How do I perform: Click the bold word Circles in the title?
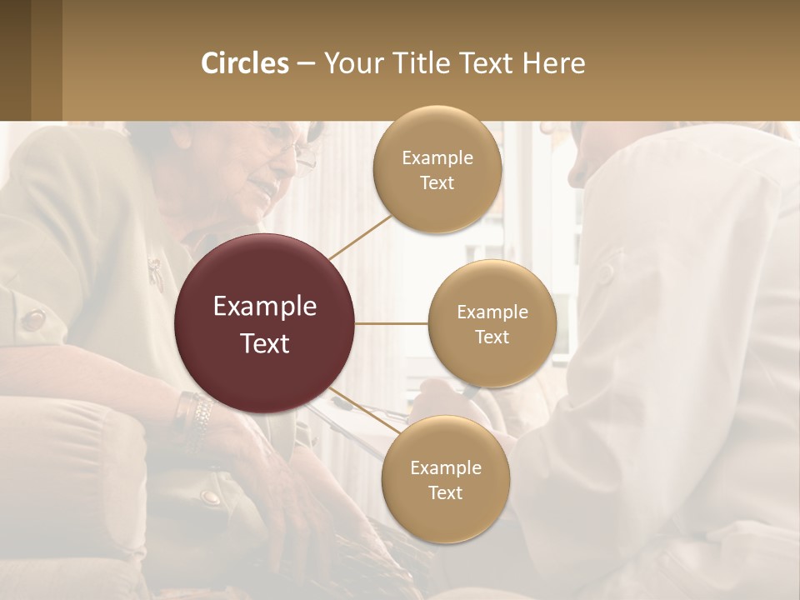point(244,63)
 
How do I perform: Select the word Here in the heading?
point(553,63)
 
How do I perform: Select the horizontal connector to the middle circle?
point(392,323)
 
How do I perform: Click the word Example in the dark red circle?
point(265,307)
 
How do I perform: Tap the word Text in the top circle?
point(437,183)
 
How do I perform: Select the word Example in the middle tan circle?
point(492,312)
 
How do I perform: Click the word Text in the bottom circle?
point(445,493)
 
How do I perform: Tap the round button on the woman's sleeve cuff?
point(34,319)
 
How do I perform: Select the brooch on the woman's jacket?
point(155,270)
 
